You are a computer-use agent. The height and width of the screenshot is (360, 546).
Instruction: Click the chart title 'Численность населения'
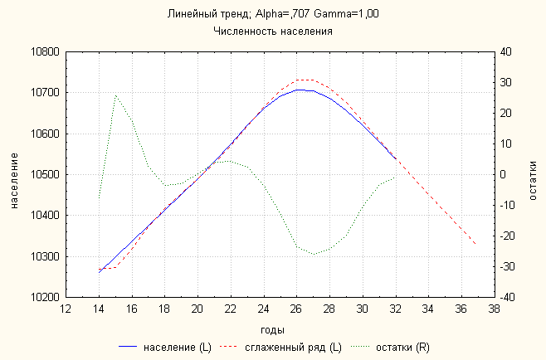pos(273,31)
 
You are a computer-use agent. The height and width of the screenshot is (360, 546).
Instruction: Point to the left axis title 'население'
pos(15,174)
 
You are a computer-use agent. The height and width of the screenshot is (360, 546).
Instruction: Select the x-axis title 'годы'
pos(279,329)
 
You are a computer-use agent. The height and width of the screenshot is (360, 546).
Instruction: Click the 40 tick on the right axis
pos(506,52)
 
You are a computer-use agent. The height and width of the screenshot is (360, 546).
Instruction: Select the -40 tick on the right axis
pos(508,297)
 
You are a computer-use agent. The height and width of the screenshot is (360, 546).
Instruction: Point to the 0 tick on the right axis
pos(503,174)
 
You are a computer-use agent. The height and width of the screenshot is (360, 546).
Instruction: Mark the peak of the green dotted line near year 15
pos(115,95)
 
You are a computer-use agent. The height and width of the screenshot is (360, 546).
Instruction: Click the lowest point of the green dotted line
pos(314,254)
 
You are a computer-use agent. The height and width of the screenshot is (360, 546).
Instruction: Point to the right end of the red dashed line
pos(475,244)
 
